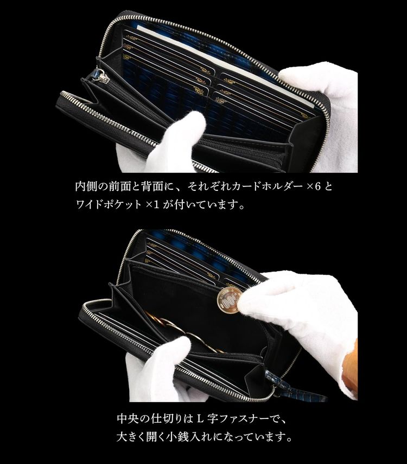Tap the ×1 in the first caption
157,206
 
